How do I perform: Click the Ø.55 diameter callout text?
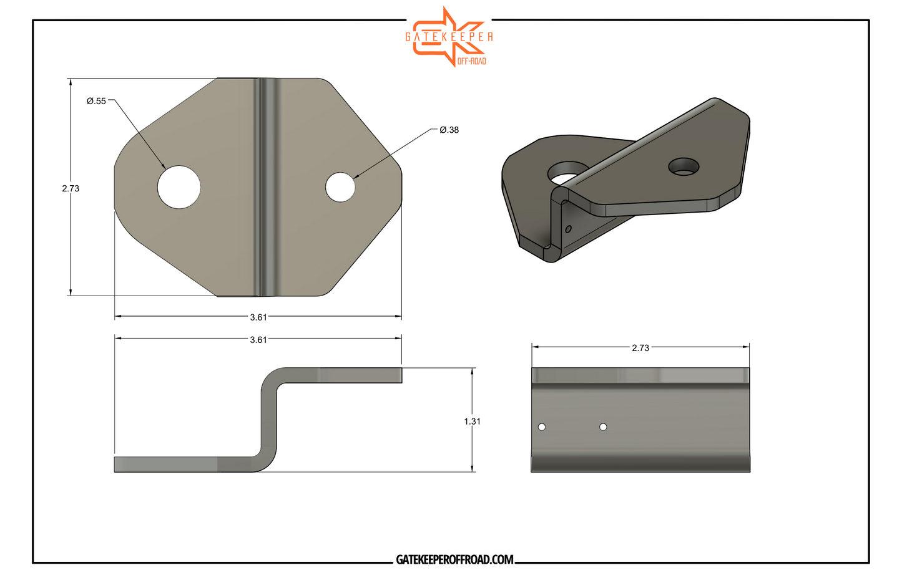[x=96, y=101]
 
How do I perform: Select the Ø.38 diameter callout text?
[x=449, y=130]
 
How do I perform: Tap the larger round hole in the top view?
[x=179, y=187]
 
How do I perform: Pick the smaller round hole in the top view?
[x=340, y=187]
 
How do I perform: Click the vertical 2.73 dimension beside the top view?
[x=71, y=188]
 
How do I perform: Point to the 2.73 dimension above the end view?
[x=640, y=348]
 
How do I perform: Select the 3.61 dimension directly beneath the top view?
[x=258, y=317]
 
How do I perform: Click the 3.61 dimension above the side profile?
[x=258, y=340]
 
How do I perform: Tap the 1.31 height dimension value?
[x=472, y=422]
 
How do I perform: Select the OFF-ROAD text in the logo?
[x=471, y=61]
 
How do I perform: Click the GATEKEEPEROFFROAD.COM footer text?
[x=454, y=560]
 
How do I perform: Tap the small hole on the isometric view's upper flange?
[x=684, y=166]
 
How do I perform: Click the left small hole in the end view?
[x=542, y=427]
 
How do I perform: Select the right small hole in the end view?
[x=603, y=427]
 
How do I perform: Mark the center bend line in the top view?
[x=267, y=187]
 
